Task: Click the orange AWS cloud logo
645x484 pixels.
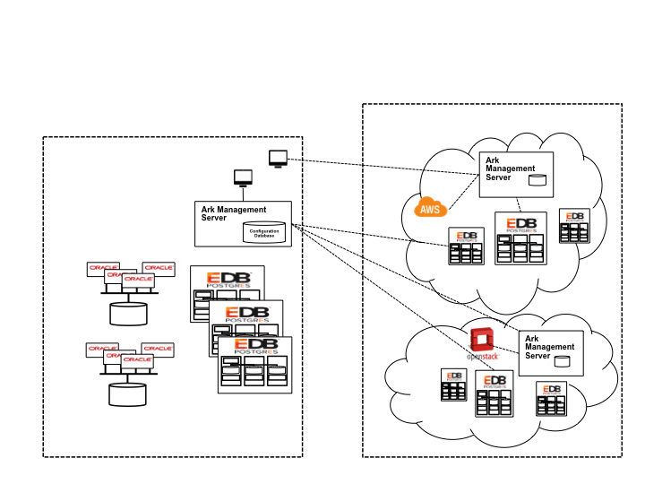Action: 430,208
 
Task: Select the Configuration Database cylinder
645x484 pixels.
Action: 264,232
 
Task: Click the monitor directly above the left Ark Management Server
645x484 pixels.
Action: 243,177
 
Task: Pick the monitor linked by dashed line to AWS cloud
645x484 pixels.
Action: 278,158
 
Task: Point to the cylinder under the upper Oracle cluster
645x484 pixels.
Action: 128,313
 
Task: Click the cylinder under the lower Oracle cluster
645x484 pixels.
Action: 128,393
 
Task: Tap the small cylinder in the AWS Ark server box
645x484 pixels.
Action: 537,179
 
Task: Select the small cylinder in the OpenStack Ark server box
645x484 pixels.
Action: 563,361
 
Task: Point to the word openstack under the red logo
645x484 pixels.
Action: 484,357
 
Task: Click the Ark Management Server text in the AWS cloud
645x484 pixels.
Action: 510,169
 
